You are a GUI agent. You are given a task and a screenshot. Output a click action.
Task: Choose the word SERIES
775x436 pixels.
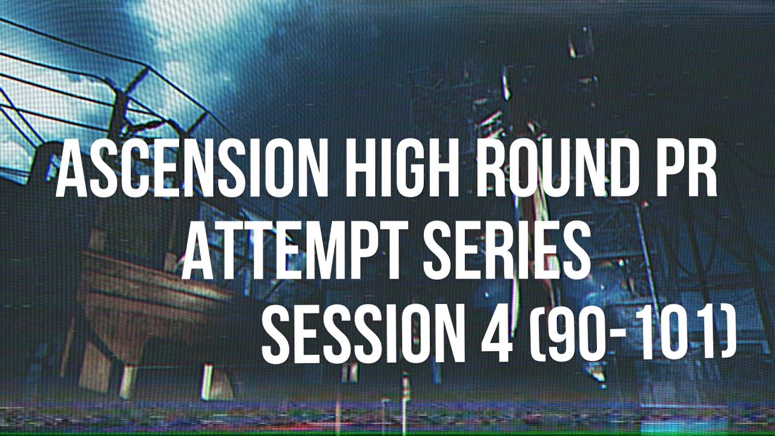click(x=506, y=251)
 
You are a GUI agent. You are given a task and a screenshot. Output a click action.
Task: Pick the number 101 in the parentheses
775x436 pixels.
click(x=678, y=335)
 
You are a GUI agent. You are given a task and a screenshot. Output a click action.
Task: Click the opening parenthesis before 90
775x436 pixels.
click(x=536, y=335)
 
